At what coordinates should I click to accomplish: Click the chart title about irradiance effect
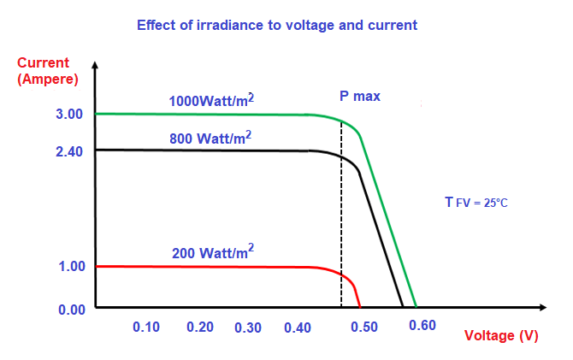pos(277,25)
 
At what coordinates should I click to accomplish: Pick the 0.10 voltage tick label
pos(146,328)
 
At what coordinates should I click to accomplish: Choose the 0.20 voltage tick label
pos(199,328)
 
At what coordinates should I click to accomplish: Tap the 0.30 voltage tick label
pos(248,328)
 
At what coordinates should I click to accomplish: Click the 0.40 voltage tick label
pos(298,328)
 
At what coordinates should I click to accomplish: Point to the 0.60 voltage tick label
pos(422,325)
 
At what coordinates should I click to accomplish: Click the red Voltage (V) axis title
pos(501,336)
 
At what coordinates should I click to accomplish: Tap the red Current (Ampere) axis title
pos(47,71)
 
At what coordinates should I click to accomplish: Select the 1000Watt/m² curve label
pos(212,101)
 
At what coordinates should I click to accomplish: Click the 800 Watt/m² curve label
pos(212,137)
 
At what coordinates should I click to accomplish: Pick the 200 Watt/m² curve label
pos(212,252)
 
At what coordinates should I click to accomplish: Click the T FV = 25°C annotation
pos(476,203)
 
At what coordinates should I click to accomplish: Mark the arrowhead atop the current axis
pos(96,66)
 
